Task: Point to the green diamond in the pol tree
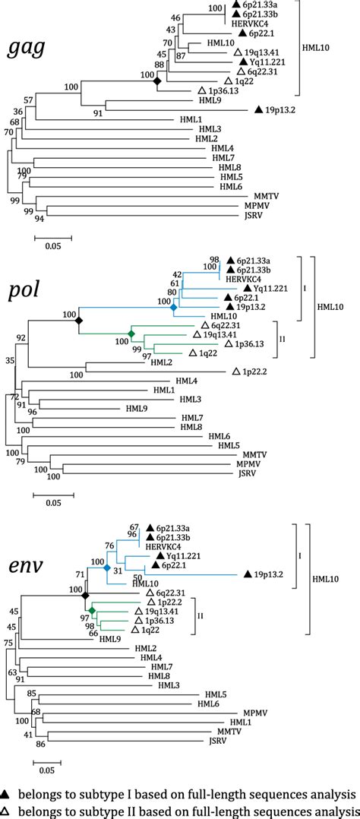131,334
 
